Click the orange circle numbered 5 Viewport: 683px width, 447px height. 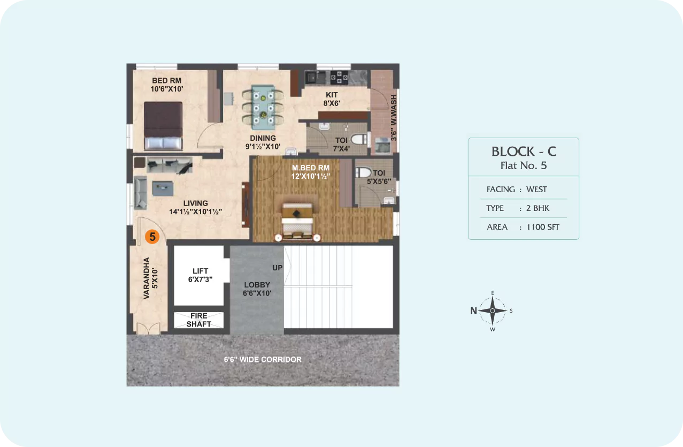(x=152, y=237)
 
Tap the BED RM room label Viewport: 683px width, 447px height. (x=166, y=80)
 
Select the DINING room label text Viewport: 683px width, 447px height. (x=263, y=138)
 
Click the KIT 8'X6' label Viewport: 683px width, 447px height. (x=332, y=99)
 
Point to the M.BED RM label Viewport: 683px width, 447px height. (x=311, y=168)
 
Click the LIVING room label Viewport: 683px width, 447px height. (x=195, y=203)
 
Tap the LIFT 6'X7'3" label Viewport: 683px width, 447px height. (x=201, y=275)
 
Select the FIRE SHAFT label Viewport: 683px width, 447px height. (x=199, y=320)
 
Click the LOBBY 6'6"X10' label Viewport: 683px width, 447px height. (x=257, y=289)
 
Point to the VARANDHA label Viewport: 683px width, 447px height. (x=147, y=278)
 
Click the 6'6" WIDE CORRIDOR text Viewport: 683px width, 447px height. (x=263, y=359)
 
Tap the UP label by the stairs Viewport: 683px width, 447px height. (x=277, y=268)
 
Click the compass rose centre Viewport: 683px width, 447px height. (x=493, y=310)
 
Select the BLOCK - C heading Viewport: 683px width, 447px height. (x=524, y=151)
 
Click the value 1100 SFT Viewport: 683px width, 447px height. (x=543, y=227)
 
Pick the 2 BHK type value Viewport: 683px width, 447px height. (x=538, y=208)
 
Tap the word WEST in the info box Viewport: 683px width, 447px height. (x=536, y=190)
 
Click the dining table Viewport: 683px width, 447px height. (x=263, y=107)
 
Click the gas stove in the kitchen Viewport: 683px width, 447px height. (x=339, y=78)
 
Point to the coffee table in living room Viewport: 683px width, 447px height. (x=163, y=188)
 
